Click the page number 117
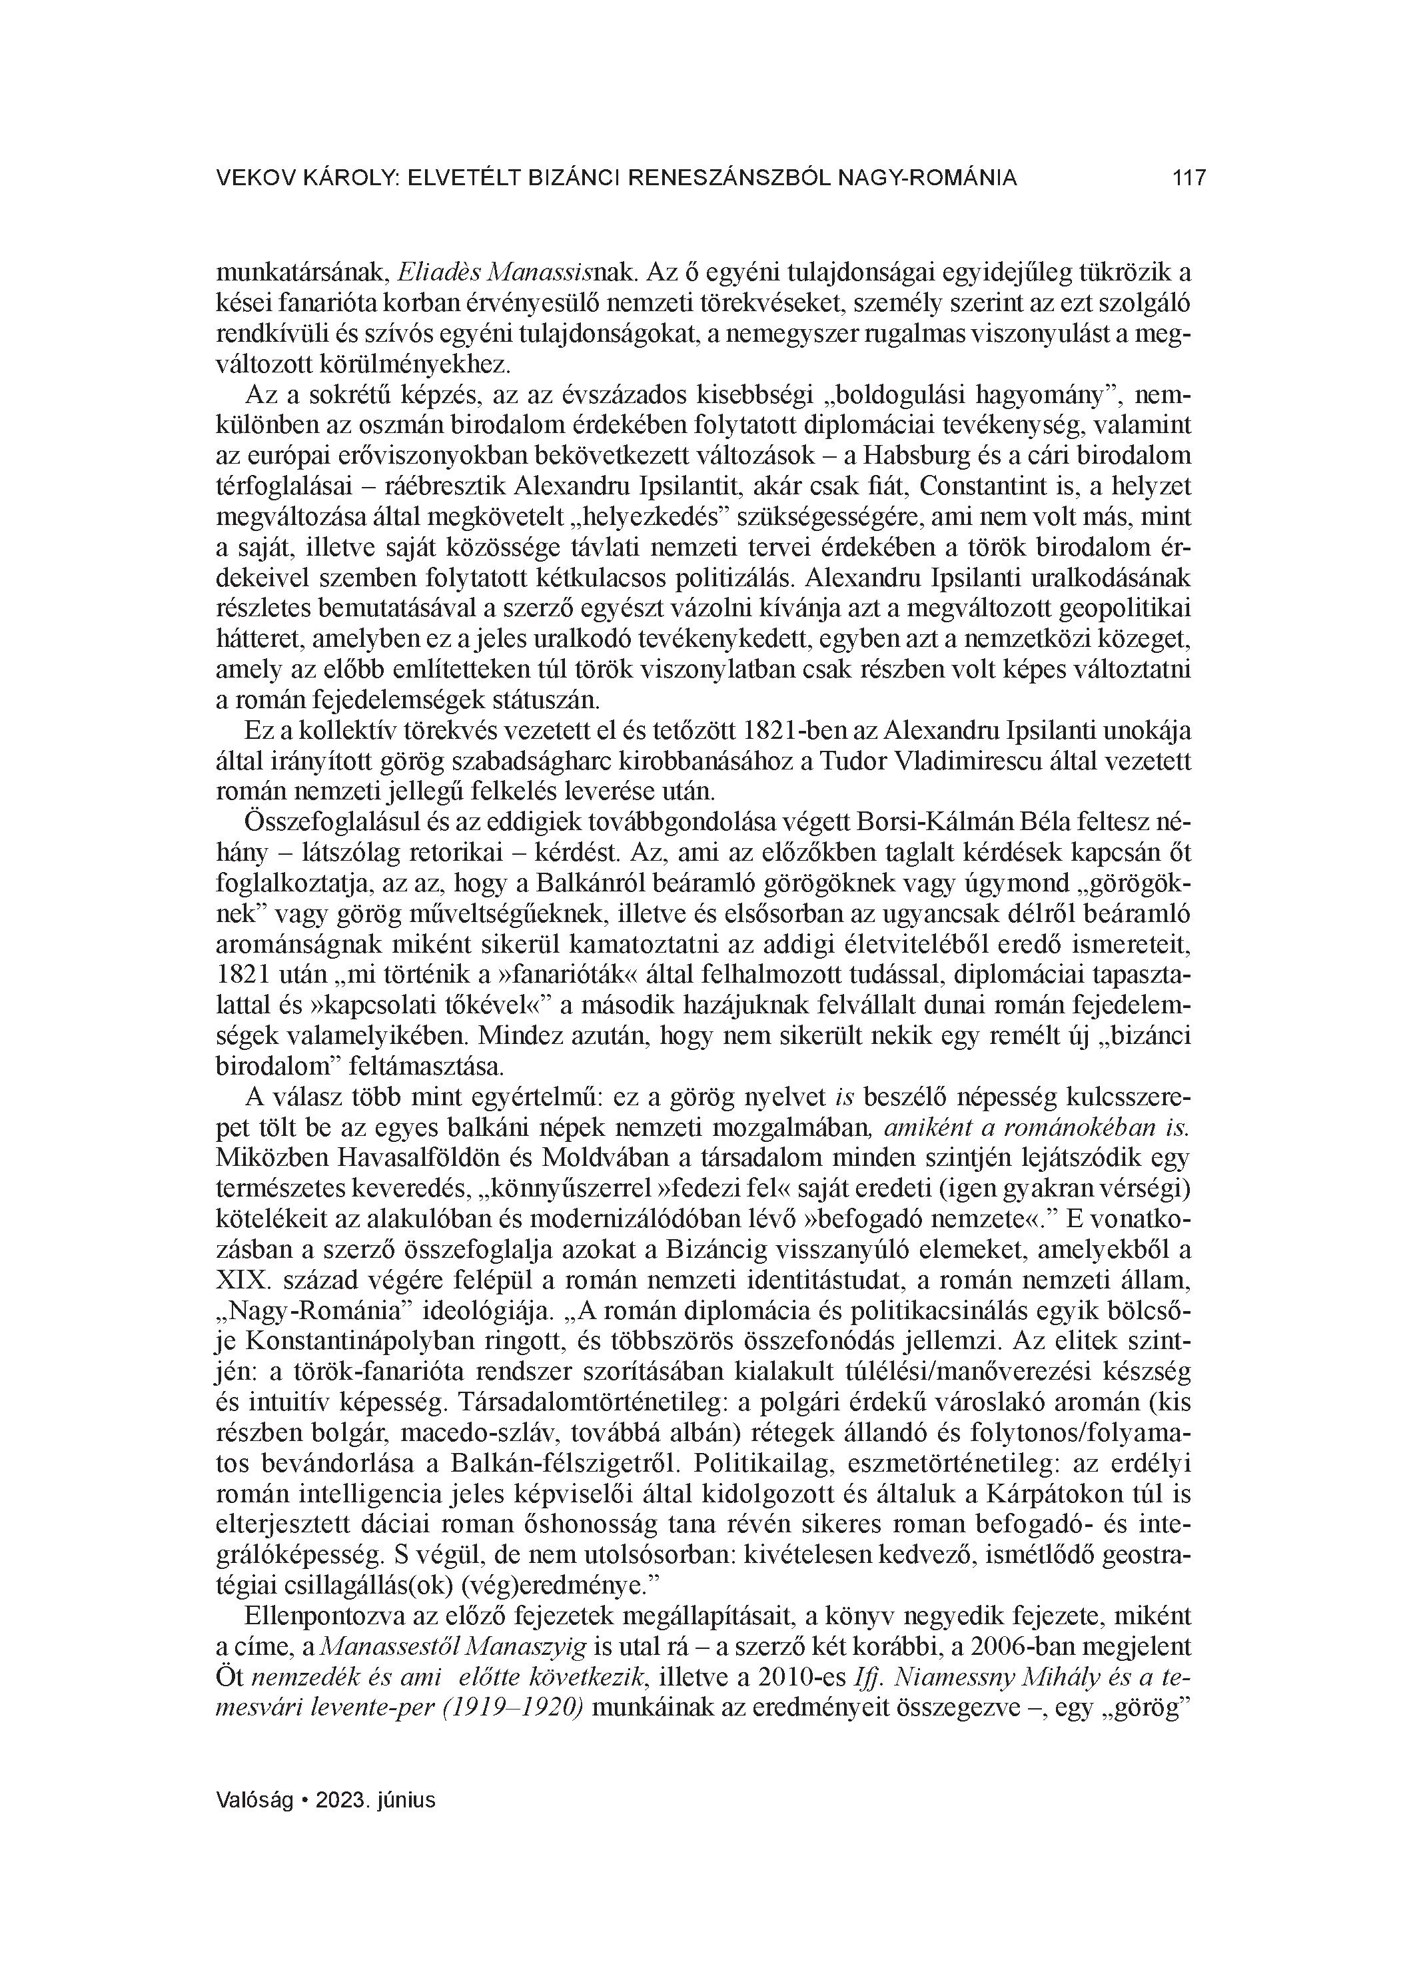[x=1188, y=179]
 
